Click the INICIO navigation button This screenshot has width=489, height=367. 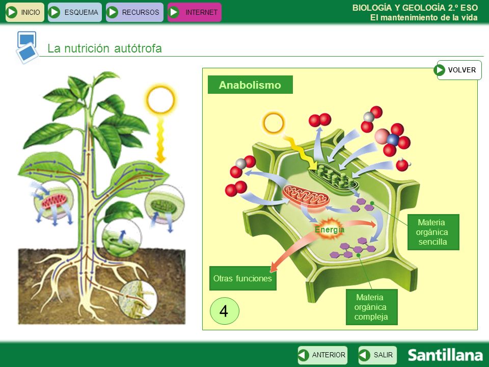25,12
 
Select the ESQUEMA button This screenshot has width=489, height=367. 75,12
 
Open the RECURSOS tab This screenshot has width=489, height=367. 134,12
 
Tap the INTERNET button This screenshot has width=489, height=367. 195,12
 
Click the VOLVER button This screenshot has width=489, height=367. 459,70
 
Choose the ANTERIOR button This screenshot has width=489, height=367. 322,355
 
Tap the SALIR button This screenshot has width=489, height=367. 377,355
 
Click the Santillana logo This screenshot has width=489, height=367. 445,355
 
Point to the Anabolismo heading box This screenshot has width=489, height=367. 250,85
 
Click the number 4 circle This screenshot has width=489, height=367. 224,311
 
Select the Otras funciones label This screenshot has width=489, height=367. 242,279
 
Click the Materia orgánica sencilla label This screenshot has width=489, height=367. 433,232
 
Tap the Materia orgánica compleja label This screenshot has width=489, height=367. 371,307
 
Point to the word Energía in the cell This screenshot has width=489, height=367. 330,230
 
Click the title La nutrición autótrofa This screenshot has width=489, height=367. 104,49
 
